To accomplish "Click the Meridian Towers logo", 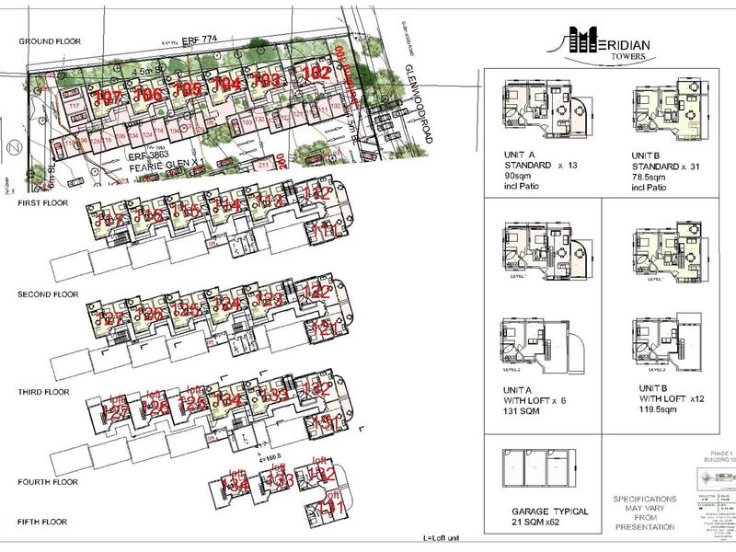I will [x=608, y=43].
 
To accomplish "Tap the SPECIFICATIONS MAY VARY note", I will [x=644, y=513].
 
